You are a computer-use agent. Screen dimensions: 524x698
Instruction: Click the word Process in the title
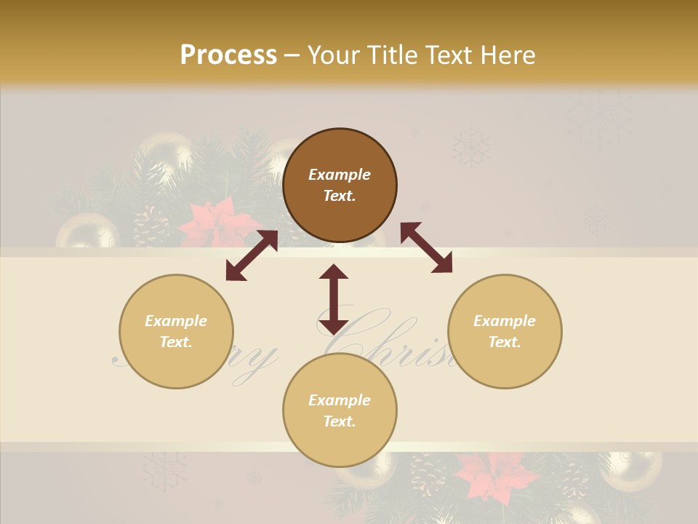point(228,55)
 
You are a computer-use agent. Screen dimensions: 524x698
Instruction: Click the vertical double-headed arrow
point(334,299)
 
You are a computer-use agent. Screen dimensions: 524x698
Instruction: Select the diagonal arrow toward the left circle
point(252,255)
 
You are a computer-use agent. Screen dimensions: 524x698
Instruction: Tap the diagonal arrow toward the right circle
point(426,247)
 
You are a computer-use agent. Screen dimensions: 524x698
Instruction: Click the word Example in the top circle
point(340,175)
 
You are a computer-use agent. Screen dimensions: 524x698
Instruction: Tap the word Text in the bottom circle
point(340,421)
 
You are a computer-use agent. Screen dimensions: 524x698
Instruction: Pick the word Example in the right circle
point(505,321)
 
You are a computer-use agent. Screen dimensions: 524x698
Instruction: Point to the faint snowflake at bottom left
point(164,469)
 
